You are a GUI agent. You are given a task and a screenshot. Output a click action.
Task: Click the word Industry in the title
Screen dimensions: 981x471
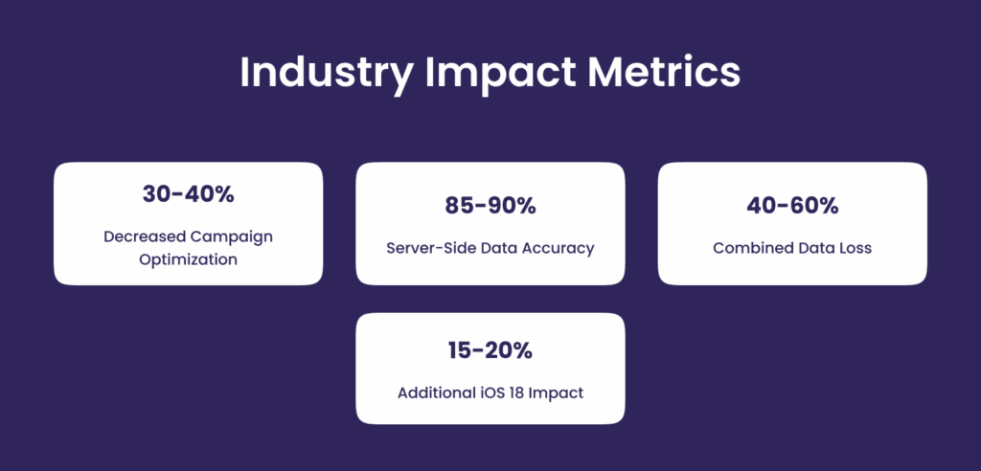pyautogui.click(x=326, y=74)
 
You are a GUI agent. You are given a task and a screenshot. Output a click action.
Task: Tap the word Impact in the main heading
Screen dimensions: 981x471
pyautogui.click(x=500, y=74)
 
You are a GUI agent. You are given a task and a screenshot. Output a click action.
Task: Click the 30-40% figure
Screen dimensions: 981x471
pyautogui.click(x=189, y=194)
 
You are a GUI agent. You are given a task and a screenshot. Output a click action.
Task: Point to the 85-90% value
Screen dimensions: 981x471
pyautogui.click(x=490, y=206)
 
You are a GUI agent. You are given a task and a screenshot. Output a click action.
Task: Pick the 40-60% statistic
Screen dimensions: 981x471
pyautogui.click(x=792, y=206)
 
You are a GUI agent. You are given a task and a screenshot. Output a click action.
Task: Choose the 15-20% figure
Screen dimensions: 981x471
pyautogui.click(x=490, y=351)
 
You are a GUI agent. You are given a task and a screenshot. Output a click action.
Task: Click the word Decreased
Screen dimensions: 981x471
pyautogui.click(x=145, y=236)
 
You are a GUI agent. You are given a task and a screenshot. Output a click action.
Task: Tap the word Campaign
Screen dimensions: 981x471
pyautogui.click(x=232, y=238)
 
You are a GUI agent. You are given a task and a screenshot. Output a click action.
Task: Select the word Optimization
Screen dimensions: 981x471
pyautogui.click(x=189, y=259)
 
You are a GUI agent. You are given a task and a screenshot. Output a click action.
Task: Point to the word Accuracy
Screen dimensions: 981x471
pyautogui.click(x=559, y=249)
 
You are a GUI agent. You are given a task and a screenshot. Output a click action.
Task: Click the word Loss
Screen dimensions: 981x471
pyautogui.click(x=855, y=248)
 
